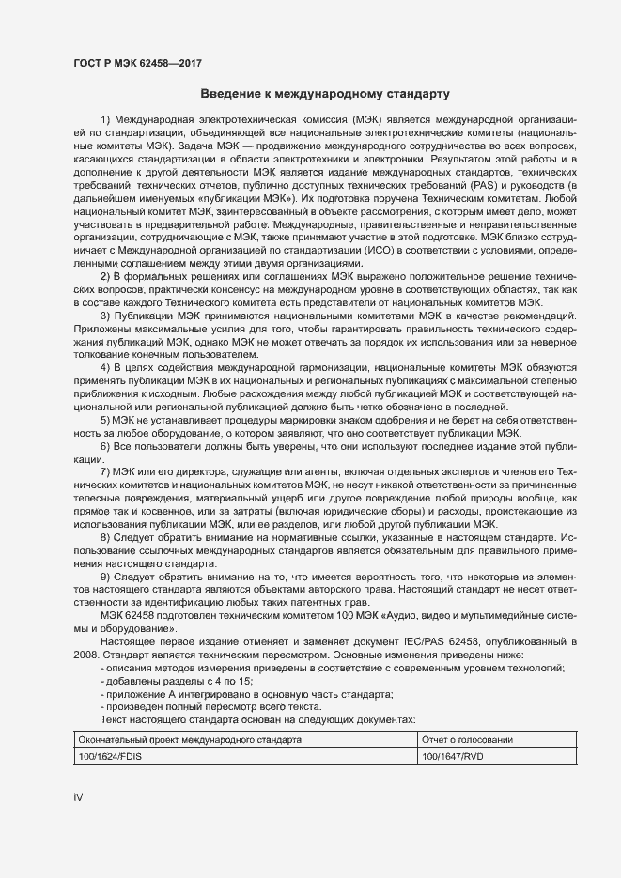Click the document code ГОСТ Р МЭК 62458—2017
[x=137, y=64]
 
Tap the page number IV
[x=79, y=798]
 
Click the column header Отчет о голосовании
[x=467, y=740]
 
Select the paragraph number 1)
[x=105, y=121]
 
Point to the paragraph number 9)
[x=105, y=574]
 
